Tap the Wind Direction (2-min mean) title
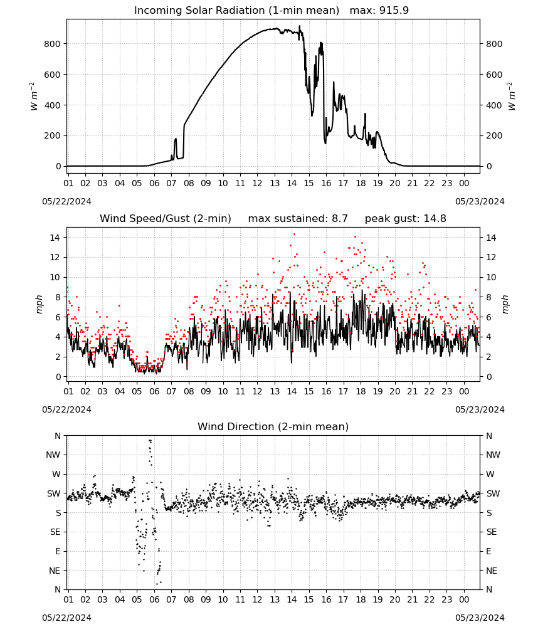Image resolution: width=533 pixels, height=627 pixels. pos(273,427)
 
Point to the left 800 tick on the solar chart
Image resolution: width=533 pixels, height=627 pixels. pos(53,44)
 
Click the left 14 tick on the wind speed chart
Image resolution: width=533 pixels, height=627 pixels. pos(55,238)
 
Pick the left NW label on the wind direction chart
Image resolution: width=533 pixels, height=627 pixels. pos(53,455)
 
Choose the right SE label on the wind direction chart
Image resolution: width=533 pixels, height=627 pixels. pos(492,532)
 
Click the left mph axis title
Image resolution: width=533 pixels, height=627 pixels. pos(39,304)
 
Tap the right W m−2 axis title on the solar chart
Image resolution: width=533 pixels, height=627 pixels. pos(512,97)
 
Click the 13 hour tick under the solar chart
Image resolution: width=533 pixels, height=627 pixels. pos(275,183)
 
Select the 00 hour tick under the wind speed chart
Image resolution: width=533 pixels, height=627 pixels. pos(464,391)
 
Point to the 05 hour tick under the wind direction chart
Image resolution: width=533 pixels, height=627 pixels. pos(137,599)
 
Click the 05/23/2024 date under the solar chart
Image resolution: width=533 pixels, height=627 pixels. pos(480,201)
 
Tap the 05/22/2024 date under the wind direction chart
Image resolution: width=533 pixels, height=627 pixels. pos(66,618)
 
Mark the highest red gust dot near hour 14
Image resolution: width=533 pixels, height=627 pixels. pos(294,234)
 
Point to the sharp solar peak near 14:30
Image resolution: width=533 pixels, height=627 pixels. pos(300,26)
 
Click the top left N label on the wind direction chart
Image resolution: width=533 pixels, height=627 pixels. pos(58,436)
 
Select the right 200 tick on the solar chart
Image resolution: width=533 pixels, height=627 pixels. pos(494,136)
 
